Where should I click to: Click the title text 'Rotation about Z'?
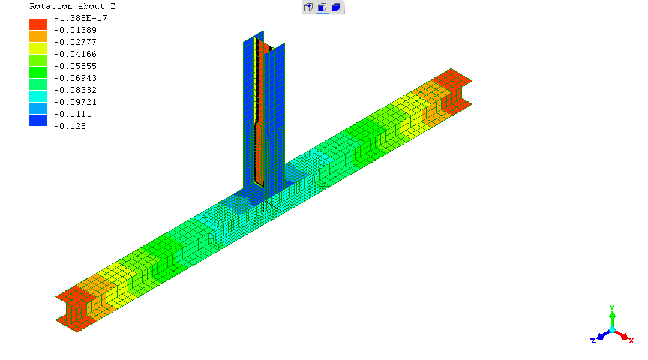tap(73, 6)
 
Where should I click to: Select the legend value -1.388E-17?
tap(80, 18)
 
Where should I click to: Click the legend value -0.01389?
tap(75, 30)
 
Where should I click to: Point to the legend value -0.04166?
tap(75, 54)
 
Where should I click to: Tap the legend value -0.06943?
tap(75, 78)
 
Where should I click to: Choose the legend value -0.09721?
tap(75, 102)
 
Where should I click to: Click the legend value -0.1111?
tap(73, 114)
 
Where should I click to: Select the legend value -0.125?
tap(70, 126)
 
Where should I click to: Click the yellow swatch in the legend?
tap(38, 49)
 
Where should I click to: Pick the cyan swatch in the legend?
tap(38, 97)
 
